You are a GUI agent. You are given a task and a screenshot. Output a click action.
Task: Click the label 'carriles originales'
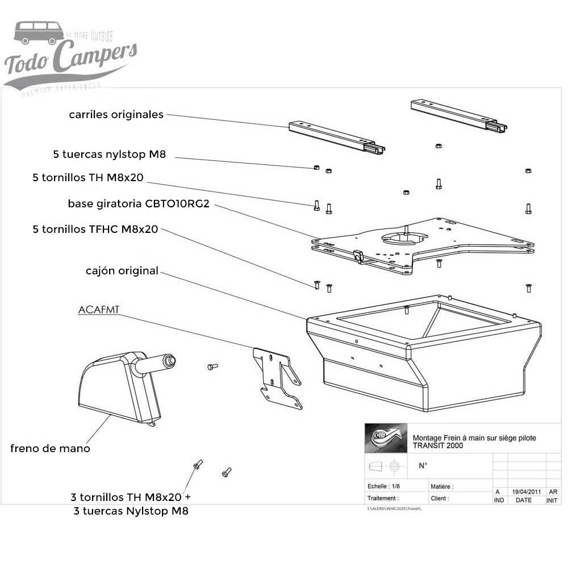click(116, 115)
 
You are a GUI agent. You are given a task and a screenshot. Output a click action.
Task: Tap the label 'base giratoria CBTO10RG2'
click(139, 203)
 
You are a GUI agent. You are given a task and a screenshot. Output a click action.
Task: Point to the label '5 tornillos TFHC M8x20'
click(95, 229)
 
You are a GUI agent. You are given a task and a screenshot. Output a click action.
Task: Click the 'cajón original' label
click(122, 271)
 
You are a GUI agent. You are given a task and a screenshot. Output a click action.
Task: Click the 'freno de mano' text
click(50, 449)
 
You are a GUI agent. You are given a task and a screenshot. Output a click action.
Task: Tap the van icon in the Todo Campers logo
click(39, 32)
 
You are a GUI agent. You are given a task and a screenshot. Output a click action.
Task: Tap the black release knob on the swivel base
click(357, 256)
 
